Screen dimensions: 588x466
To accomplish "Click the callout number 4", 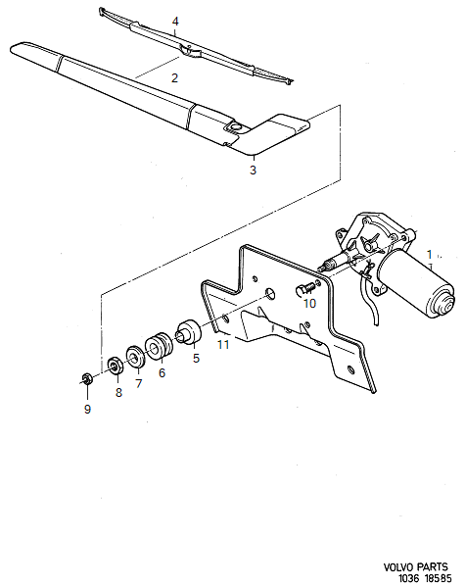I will click(x=175, y=21).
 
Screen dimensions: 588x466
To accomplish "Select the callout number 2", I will click(x=175, y=76).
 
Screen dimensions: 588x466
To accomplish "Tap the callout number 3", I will click(x=253, y=171).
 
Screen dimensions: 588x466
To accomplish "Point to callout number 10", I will click(x=309, y=304).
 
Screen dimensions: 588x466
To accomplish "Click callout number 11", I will click(x=223, y=345).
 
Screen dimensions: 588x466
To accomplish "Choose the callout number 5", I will click(x=195, y=359).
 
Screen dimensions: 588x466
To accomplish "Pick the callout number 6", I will click(x=162, y=372).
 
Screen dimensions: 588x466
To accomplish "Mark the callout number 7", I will click(x=138, y=383).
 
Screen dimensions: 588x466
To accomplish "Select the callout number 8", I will click(x=119, y=392).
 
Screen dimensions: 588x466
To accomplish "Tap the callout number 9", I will click(x=87, y=409).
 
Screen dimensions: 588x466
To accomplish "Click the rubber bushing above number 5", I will click(x=187, y=331).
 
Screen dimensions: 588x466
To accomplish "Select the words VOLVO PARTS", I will click(x=418, y=566).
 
